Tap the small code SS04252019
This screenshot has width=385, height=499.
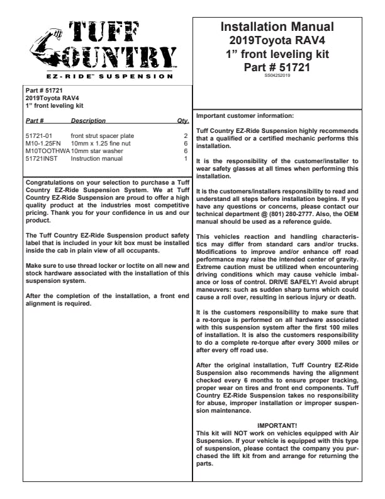(277, 75)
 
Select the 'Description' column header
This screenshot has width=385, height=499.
(88, 120)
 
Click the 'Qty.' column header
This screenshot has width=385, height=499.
(183, 120)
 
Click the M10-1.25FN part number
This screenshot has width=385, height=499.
(43, 143)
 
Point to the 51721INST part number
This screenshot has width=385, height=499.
(42, 158)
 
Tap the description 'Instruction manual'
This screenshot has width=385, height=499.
(96, 158)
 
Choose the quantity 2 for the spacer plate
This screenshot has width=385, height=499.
(186, 135)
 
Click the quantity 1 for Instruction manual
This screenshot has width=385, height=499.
(186, 158)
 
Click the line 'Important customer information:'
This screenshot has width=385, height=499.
(245, 116)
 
